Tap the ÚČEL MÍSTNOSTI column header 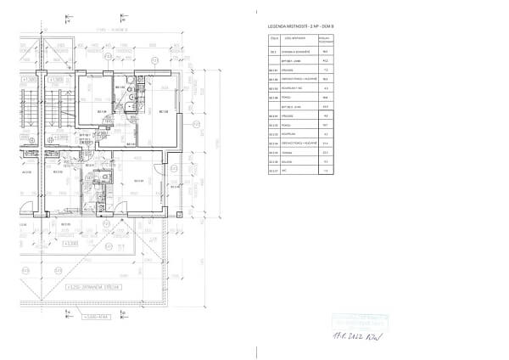pyautogui.click(x=294, y=39)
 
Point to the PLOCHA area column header pyautogui.click(x=324, y=39)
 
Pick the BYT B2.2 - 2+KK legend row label pyautogui.click(x=294, y=106)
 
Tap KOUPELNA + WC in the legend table pyautogui.click(x=294, y=88)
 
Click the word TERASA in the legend pyautogui.click(x=289, y=153)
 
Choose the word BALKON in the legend pyautogui.click(x=289, y=162)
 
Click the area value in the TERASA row pyautogui.click(x=324, y=153)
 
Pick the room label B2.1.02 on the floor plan pyautogui.click(x=120, y=87)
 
